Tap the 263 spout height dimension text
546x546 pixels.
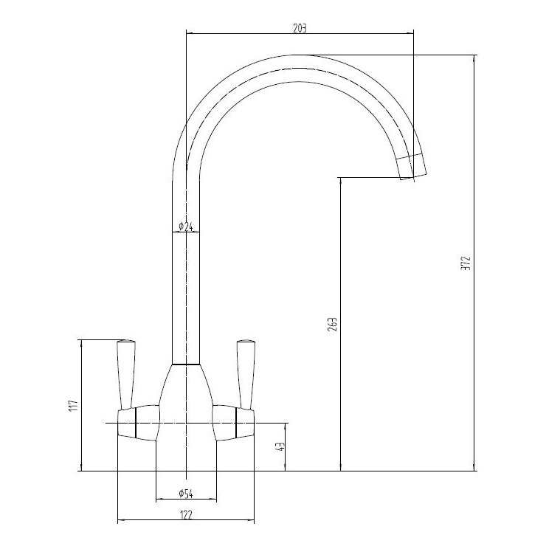332,325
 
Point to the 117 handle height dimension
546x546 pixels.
72,405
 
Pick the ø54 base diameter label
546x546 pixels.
185,493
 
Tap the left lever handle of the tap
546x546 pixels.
126,373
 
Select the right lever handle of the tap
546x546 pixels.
244,373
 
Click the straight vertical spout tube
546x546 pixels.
186,295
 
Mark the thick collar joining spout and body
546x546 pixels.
186,364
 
